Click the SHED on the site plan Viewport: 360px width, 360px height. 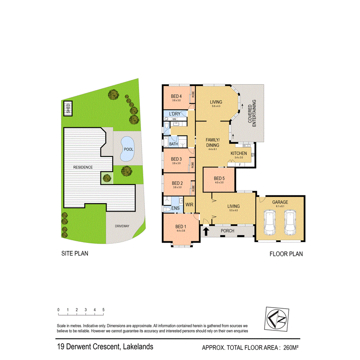68,107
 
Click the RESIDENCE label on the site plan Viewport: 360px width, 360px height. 83,167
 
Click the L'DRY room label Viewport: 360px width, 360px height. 176,114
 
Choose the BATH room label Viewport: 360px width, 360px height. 173,144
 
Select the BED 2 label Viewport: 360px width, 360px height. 177,183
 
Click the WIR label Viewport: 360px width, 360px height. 189,204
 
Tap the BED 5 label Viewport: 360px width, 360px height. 219,178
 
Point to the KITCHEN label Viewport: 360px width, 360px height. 238,153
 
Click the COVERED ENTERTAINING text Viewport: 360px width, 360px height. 252,114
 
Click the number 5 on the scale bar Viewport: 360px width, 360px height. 104,310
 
